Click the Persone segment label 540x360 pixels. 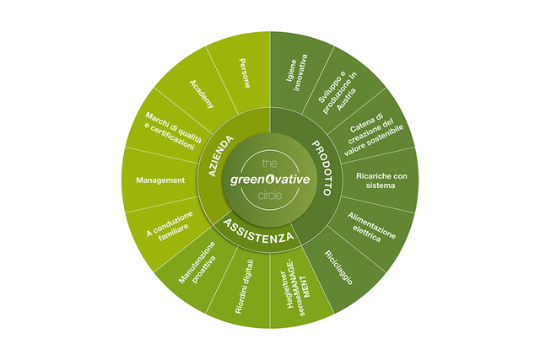click(x=245, y=73)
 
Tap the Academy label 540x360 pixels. click(x=202, y=94)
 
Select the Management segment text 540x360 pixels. click(x=160, y=180)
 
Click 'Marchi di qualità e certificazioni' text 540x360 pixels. click(x=172, y=131)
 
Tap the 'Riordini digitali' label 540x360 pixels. click(x=245, y=287)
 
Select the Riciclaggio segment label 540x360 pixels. click(x=339, y=268)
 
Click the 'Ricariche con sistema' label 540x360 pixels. click(x=381, y=180)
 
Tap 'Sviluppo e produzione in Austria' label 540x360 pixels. click(x=337, y=93)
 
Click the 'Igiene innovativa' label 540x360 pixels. click(x=296, y=73)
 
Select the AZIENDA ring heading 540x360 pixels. click(x=221, y=156)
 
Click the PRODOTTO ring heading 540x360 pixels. click(x=322, y=168)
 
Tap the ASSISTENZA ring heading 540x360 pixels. click(x=258, y=231)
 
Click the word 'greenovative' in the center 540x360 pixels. click(x=270, y=180)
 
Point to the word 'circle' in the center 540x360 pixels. click(x=270, y=196)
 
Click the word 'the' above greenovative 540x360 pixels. click(x=270, y=163)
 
